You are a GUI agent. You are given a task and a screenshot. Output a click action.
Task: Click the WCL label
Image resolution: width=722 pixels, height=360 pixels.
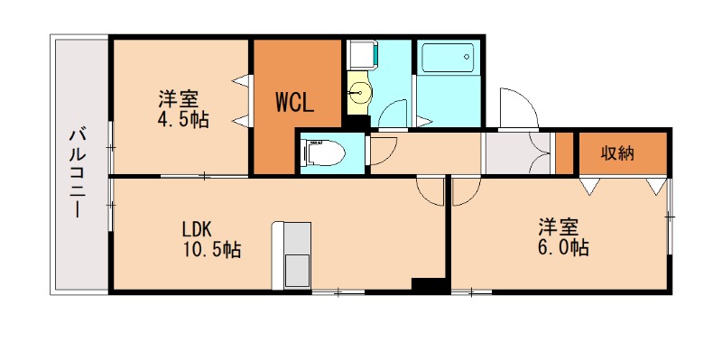(x=295, y=103)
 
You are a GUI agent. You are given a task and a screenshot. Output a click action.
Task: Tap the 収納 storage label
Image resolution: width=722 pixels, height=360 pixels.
(x=617, y=153)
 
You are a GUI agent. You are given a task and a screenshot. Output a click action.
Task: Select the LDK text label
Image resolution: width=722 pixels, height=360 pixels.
(x=197, y=228)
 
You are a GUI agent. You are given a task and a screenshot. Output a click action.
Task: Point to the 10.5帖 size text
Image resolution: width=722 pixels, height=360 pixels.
(x=212, y=250)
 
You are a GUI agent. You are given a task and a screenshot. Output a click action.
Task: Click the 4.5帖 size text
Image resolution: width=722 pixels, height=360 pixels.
(x=183, y=120)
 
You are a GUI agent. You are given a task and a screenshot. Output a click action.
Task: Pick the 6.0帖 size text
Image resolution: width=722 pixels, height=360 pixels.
(x=563, y=249)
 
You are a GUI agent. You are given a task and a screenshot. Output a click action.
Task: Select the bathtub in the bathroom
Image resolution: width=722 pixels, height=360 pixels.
(x=448, y=58)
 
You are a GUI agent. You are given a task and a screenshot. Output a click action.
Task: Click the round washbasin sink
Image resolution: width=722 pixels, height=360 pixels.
(x=358, y=94)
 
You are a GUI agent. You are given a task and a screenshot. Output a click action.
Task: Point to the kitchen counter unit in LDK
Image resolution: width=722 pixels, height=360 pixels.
(x=292, y=255)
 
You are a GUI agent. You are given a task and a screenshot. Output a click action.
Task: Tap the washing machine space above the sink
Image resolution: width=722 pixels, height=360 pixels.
(x=363, y=55)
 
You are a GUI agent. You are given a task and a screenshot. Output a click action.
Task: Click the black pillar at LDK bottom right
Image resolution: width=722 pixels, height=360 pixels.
(x=430, y=285)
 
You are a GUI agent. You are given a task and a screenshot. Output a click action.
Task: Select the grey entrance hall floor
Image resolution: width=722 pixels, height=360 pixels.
(x=517, y=152)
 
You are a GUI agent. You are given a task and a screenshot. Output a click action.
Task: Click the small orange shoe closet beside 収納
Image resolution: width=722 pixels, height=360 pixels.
(x=564, y=153)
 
